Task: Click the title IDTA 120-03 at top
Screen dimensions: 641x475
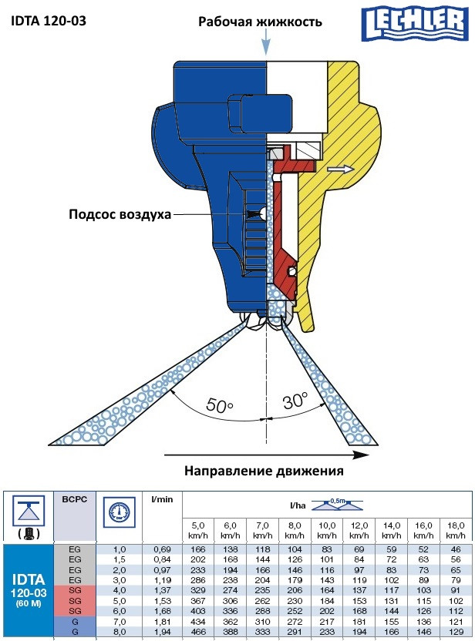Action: (x=49, y=20)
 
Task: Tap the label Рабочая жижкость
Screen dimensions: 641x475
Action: (x=259, y=22)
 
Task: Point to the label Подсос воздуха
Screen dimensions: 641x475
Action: (x=119, y=213)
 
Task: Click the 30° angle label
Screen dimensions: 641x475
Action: (x=294, y=401)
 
